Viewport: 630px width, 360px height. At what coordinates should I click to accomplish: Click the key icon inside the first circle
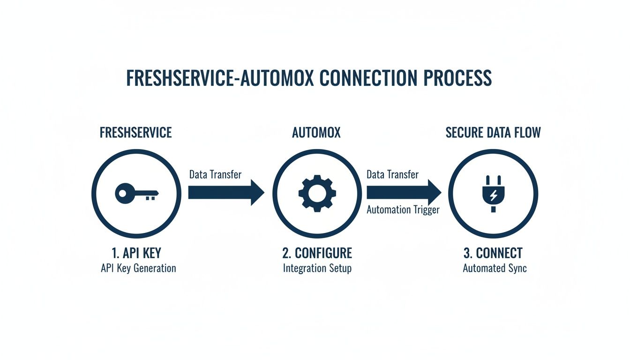point(136,193)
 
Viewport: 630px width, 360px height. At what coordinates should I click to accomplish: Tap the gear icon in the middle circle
point(317,193)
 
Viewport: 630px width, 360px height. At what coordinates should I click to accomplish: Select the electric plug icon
point(493,194)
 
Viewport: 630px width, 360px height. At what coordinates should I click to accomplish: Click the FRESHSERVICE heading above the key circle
point(136,133)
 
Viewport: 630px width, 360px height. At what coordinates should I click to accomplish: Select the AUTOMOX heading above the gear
point(316,133)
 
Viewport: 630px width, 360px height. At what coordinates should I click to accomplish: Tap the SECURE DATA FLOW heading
point(493,133)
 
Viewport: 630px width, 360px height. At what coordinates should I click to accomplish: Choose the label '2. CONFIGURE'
point(317,253)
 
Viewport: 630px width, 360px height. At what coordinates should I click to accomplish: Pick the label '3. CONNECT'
point(493,253)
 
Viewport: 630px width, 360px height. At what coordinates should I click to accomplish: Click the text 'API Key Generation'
point(138,269)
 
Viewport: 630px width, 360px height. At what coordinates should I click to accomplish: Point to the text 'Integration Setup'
point(317,269)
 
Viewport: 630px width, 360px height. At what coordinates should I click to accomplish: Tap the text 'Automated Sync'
point(495,269)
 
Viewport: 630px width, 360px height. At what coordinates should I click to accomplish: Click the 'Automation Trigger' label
point(403,210)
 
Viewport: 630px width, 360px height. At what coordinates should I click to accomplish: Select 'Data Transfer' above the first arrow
point(215,175)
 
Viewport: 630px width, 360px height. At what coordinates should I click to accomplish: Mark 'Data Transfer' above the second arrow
point(392,175)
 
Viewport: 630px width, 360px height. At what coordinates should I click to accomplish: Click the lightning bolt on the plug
point(493,195)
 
